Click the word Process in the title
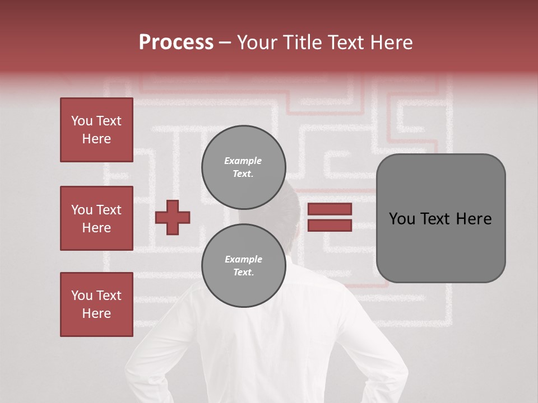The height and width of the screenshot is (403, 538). (176, 42)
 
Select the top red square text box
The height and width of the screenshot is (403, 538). (96, 130)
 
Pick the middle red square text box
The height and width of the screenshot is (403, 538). (96, 218)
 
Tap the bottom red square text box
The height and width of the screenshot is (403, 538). (96, 304)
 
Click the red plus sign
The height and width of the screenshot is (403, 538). (172, 217)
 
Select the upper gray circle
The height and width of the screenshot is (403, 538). (243, 167)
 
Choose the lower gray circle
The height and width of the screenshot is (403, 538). (243, 266)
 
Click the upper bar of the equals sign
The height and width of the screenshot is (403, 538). (330, 209)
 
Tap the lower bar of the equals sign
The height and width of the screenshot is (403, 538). (330, 225)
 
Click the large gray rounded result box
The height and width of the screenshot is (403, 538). (440, 218)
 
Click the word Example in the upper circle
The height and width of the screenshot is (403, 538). (243, 161)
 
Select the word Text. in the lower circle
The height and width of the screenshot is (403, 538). (243, 273)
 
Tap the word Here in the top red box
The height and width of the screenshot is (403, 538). (96, 139)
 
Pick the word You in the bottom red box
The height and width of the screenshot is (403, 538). (82, 296)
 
